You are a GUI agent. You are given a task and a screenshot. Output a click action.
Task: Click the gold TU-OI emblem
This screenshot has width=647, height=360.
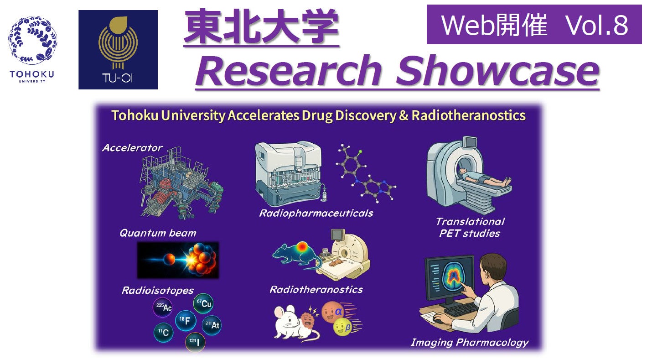click(x=118, y=43)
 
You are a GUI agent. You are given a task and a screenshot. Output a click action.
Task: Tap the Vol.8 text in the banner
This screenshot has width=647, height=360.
click(x=597, y=25)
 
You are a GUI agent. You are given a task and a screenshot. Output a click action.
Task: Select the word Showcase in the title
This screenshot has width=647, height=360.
click(x=497, y=71)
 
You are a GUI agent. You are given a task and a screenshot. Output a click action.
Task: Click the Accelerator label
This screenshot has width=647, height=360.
click(x=132, y=148)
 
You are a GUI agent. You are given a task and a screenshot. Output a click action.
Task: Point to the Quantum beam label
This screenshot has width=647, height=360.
click(x=158, y=233)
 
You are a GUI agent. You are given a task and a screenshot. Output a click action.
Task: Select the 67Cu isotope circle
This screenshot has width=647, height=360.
click(x=203, y=303)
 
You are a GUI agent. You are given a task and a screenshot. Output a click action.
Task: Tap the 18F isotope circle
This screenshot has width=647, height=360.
click(x=186, y=320)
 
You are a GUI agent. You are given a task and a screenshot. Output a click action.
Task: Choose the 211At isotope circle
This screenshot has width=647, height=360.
click(x=212, y=325)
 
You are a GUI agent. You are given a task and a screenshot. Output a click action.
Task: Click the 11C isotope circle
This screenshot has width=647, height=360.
click(x=164, y=332)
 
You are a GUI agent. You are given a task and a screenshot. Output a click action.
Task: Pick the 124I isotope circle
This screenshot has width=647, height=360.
click(x=195, y=342)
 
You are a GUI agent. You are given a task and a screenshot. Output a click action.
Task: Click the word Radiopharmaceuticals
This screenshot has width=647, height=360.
click(x=316, y=214)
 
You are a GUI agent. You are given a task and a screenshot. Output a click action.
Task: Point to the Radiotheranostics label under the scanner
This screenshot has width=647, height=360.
click(x=316, y=290)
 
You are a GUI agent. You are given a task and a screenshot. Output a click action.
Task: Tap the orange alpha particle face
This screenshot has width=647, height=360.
click(x=333, y=312)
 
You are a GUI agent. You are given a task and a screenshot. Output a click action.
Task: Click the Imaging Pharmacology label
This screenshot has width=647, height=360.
click(x=470, y=343)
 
